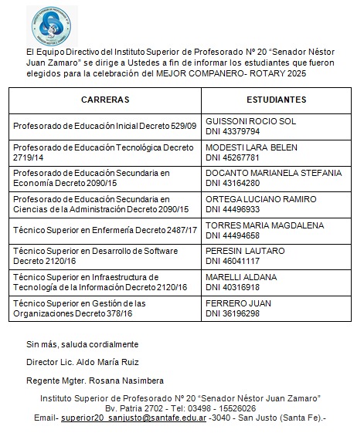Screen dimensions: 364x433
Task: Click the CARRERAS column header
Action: [104, 100]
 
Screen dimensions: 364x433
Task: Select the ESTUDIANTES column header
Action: [276, 100]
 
